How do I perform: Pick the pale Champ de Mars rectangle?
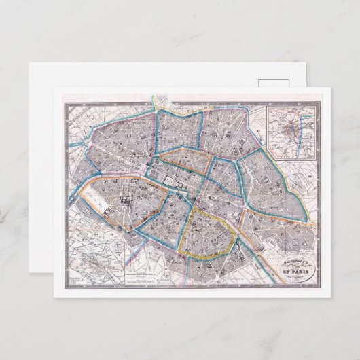[95, 200]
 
